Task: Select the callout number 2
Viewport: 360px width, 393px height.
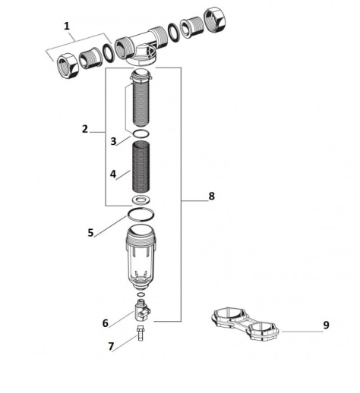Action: (x=85, y=129)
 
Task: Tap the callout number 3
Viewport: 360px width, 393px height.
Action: (x=112, y=141)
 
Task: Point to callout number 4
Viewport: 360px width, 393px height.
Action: (x=112, y=174)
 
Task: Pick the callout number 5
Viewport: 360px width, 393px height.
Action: (x=90, y=233)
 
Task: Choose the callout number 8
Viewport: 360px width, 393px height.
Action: (x=211, y=196)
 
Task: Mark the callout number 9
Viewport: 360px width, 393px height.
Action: (x=326, y=325)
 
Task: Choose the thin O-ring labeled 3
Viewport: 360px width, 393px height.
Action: (x=141, y=134)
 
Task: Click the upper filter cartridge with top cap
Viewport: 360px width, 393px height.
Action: (x=141, y=99)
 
